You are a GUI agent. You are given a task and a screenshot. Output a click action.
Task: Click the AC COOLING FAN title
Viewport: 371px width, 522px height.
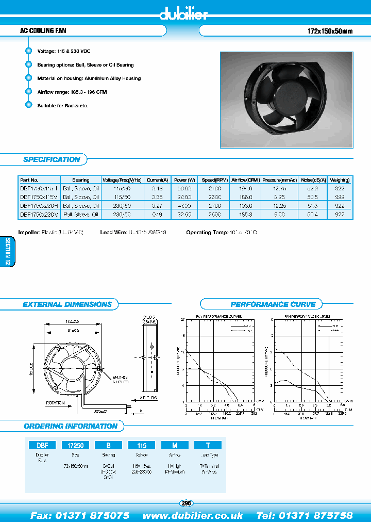pyautogui.click(x=43, y=31)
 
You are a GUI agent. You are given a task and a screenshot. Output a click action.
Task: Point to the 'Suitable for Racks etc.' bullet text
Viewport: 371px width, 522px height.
pyautogui.click(x=63, y=105)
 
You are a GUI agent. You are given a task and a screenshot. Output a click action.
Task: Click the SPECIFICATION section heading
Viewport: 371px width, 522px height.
pyautogui.click(x=52, y=159)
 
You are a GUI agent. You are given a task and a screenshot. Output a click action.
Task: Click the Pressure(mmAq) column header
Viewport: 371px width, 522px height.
pyautogui.click(x=280, y=180)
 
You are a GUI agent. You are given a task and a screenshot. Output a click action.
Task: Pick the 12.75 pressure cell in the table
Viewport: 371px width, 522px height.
pyautogui.click(x=280, y=189)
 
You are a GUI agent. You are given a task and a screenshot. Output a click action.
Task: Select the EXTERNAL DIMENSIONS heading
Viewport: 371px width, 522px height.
pyautogui.click(x=67, y=304)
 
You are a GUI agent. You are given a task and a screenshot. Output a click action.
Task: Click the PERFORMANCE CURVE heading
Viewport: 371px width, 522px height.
pyautogui.click(x=273, y=304)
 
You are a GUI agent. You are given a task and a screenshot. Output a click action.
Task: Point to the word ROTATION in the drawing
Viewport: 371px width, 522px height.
pyautogui.click(x=56, y=402)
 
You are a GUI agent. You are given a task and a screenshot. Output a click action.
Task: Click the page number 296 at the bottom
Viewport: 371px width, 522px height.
pyautogui.click(x=186, y=503)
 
